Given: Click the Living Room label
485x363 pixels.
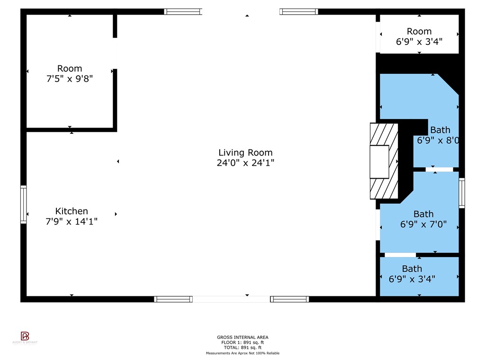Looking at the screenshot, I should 245,153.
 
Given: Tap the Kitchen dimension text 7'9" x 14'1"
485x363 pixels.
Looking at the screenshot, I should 72,221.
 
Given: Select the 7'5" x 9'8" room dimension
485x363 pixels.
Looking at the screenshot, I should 70,78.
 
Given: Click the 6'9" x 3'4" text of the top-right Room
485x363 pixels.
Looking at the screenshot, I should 419,41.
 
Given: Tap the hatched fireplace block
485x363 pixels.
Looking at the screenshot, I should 384,161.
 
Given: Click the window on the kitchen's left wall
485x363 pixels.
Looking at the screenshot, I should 23,204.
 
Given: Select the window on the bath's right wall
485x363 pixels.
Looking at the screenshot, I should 462,193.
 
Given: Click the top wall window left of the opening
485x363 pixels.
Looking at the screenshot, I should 183,12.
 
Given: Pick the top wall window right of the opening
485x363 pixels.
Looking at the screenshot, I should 298,12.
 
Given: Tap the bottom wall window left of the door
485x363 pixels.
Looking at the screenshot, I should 173,299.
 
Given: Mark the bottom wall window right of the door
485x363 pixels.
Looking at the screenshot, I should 289,299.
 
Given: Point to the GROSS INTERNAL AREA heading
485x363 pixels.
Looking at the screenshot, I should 242,337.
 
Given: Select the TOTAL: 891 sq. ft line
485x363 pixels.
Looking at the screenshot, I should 242,347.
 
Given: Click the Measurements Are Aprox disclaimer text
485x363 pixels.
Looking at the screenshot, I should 242,353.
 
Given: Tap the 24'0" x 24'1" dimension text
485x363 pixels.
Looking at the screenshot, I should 245,163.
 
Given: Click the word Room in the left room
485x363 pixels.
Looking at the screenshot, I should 70,69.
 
